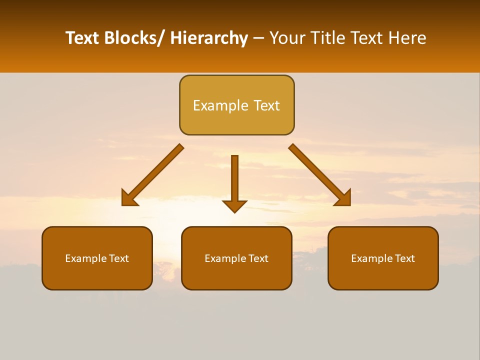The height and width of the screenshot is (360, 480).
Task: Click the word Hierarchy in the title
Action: (208, 38)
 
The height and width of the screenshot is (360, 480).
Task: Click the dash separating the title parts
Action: (258, 38)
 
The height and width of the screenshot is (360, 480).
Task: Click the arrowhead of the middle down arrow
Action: (234, 206)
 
